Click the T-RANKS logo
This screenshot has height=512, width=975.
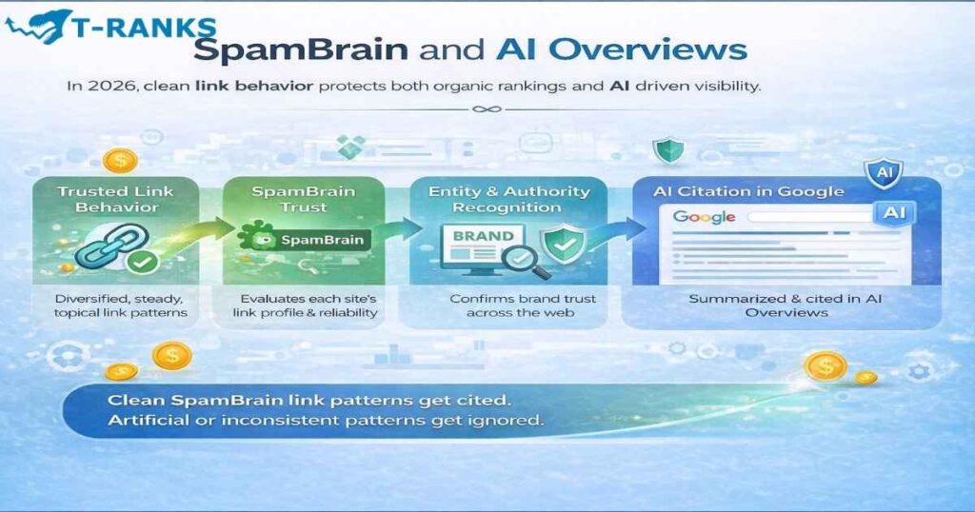pyautogui.click(x=109, y=28)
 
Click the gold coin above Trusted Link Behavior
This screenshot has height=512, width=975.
pyautogui.click(x=121, y=159)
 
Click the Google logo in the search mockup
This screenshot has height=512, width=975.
pyautogui.click(x=704, y=217)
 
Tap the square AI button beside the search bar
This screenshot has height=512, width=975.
pyautogui.click(x=894, y=213)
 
